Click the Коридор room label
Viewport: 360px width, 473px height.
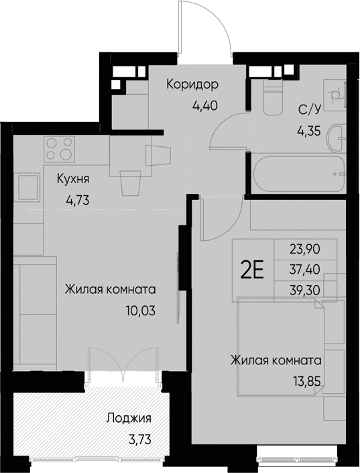pyautogui.click(x=192, y=85)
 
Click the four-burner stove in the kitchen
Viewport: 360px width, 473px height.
pyautogui.click(x=58, y=149)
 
